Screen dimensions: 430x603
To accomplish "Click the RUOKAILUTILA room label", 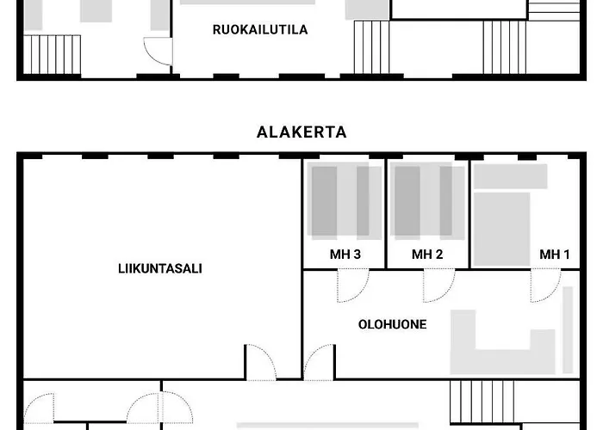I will click(260, 29).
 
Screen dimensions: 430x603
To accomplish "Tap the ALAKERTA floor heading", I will click(301, 132).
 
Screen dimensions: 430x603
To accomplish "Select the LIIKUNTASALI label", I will click(160, 268).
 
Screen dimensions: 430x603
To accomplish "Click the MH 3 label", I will click(345, 255).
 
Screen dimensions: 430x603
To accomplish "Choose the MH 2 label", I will click(427, 255).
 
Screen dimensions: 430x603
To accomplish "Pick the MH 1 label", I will click(555, 255).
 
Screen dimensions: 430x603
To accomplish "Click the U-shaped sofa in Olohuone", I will click(504, 344).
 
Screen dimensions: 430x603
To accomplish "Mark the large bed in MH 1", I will click(500, 229).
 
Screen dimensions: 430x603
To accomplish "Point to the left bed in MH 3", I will click(324, 201).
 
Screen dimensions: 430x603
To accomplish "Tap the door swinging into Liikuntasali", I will click(261, 363).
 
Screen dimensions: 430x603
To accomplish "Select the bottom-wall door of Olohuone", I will click(319, 363).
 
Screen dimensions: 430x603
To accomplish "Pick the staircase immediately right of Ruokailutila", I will click(372, 47).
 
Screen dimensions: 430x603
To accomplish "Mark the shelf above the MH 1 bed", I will click(510, 176).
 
